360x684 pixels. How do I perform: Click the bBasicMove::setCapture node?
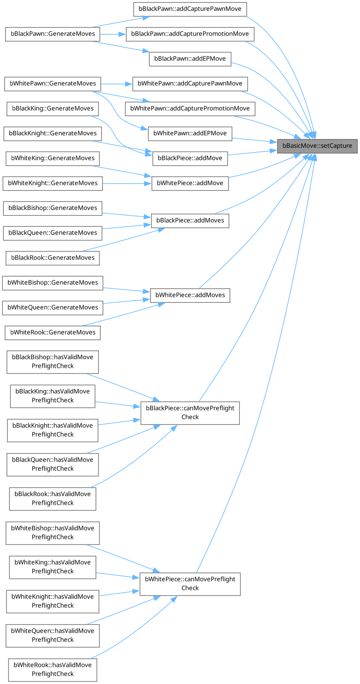318,146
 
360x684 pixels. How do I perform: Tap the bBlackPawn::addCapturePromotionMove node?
190,34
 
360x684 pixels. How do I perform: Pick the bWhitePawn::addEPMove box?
190,133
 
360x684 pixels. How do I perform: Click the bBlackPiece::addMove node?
190,158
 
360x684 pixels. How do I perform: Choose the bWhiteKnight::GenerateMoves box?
52,183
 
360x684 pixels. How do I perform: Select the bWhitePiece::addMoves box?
190,295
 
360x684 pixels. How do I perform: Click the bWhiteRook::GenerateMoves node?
53,332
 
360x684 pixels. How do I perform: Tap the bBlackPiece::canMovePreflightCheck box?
190,412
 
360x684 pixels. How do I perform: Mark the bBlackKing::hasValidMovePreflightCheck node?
53,396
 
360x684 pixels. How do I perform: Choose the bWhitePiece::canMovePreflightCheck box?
190,584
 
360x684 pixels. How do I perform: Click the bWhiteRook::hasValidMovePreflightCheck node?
53,670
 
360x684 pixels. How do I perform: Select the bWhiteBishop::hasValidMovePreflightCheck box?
53,532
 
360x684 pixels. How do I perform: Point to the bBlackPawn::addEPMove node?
190,59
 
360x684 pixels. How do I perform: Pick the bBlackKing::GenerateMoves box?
53,109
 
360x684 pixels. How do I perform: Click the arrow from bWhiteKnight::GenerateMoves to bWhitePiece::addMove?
126,183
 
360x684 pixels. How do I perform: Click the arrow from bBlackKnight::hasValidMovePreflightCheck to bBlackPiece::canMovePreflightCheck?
119,421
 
